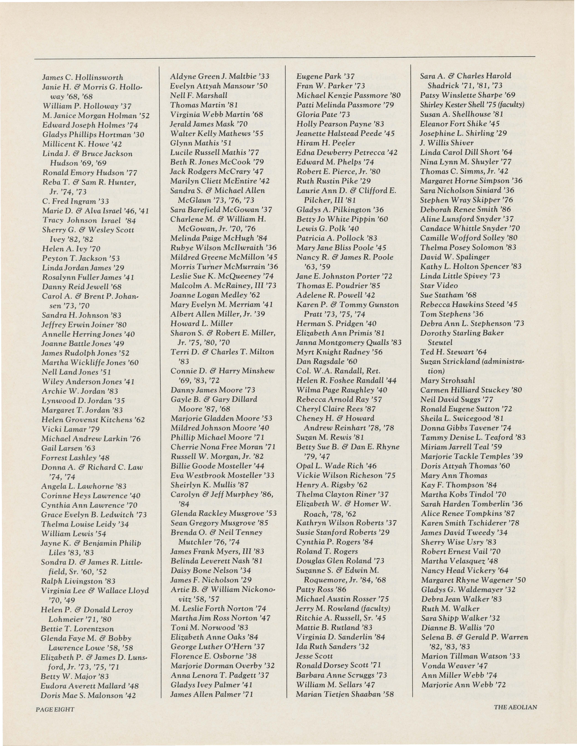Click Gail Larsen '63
(x=68, y=448)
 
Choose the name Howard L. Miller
(x=201, y=323)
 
